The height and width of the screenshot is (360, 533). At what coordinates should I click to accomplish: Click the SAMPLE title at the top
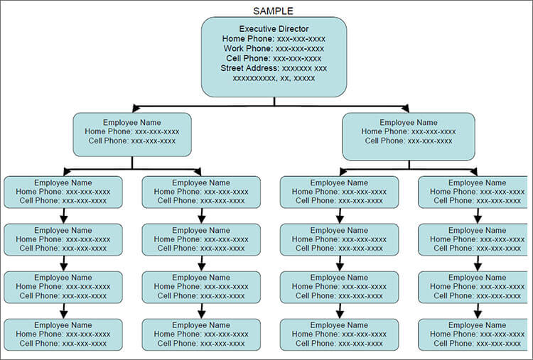click(274, 11)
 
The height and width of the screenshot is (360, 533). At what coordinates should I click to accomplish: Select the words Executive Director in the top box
click(274, 28)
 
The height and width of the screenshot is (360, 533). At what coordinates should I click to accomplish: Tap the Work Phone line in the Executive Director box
click(274, 48)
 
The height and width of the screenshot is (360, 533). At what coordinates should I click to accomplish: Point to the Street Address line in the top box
click(274, 68)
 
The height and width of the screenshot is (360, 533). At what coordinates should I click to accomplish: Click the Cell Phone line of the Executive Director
click(274, 58)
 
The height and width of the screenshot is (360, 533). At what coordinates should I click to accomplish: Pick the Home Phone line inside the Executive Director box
click(274, 38)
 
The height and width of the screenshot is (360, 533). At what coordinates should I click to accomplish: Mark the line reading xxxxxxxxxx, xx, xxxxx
click(274, 78)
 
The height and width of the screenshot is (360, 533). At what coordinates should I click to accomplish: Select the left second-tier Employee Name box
click(132, 133)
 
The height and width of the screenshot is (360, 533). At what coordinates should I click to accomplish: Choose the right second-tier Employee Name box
click(409, 136)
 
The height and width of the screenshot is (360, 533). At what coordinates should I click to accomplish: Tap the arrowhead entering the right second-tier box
click(405, 108)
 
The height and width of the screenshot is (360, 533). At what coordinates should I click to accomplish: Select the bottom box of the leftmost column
click(63, 334)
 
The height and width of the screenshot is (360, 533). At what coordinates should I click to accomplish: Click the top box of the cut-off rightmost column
click(475, 192)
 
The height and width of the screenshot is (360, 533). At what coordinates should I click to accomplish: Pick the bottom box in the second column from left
click(201, 334)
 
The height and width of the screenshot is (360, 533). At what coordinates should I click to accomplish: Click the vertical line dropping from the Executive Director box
click(274, 102)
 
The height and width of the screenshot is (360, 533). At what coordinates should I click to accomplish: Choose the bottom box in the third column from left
click(339, 334)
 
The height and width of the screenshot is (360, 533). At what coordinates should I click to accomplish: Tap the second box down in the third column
click(339, 239)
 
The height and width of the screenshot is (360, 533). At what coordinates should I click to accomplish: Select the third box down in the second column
click(201, 287)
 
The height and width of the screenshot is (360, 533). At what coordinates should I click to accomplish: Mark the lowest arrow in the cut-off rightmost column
click(477, 312)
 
